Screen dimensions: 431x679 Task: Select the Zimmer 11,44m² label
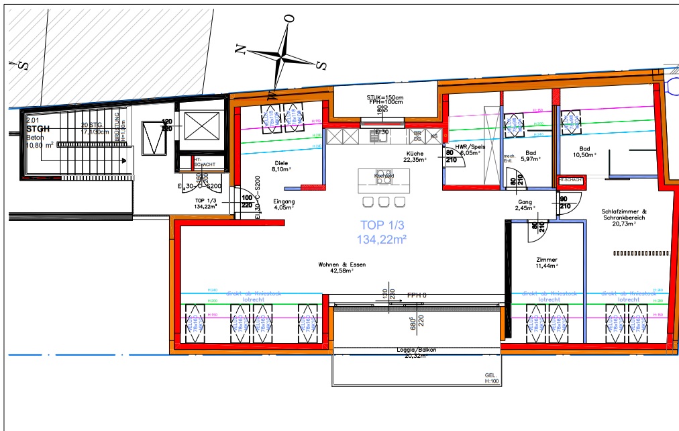point(547,263)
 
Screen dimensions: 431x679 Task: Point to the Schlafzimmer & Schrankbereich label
point(623,217)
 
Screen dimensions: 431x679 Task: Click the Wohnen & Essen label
point(342,268)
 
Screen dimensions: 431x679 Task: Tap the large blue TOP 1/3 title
point(384,232)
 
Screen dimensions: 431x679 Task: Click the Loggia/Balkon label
point(416,353)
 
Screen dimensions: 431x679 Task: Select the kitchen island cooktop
point(384,177)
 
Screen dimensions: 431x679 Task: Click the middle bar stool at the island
point(384,202)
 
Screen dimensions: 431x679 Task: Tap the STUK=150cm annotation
point(384,98)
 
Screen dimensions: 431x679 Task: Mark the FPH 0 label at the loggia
point(417,295)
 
